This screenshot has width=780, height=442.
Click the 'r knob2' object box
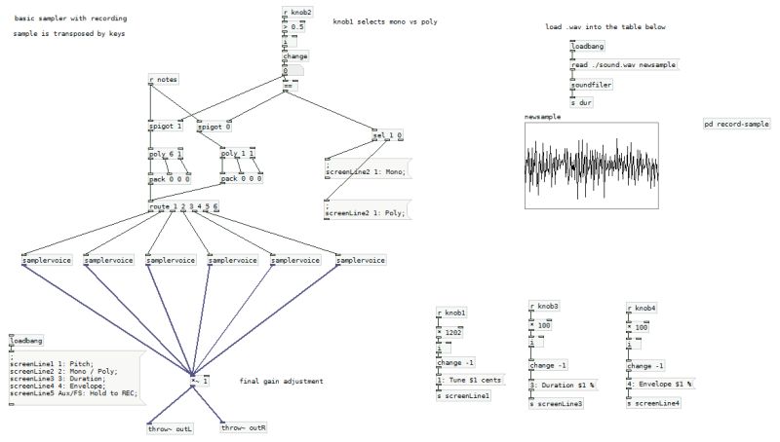[297, 13]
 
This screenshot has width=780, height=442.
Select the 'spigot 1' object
[166, 127]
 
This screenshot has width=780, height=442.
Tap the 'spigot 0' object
[214, 127]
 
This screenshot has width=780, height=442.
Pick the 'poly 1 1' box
[238, 154]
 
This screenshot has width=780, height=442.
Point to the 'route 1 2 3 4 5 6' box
[183, 206]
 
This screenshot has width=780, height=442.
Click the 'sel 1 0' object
[387, 134]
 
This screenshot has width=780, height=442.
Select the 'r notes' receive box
[164, 79]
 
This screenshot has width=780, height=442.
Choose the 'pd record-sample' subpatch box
[736, 125]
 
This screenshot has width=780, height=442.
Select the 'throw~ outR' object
[244, 427]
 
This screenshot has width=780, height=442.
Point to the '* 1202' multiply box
[452, 332]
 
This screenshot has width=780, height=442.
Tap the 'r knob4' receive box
[641, 308]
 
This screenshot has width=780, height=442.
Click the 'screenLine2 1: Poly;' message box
[366, 209]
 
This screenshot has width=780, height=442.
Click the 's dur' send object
[581, 102]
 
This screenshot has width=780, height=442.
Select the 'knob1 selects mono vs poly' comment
[385, 20]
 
